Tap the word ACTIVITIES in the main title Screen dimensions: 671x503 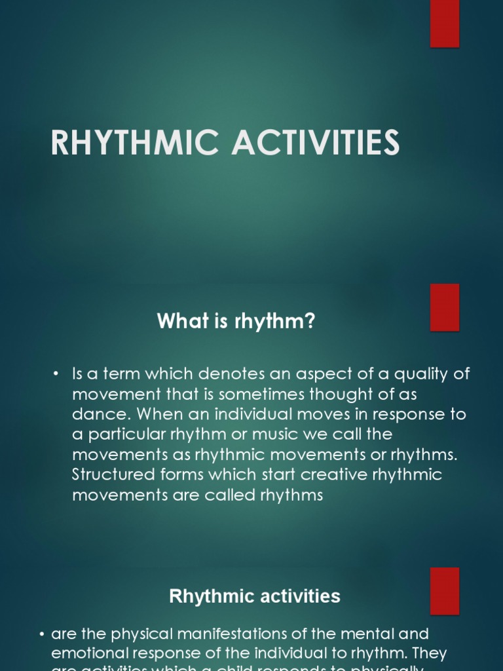[x=316, y=143]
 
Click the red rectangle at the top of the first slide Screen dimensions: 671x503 [x=445, y=24]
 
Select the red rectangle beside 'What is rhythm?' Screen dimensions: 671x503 [x=445, y=307]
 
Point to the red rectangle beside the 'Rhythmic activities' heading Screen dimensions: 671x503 [x=445, y=590]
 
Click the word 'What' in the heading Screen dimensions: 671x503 [x=176, y=322]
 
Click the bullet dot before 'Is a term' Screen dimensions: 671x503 [x=56, y=374]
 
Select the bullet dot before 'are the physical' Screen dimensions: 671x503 [x=42, y=634]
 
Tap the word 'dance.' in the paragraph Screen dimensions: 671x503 [x=96, y=415]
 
